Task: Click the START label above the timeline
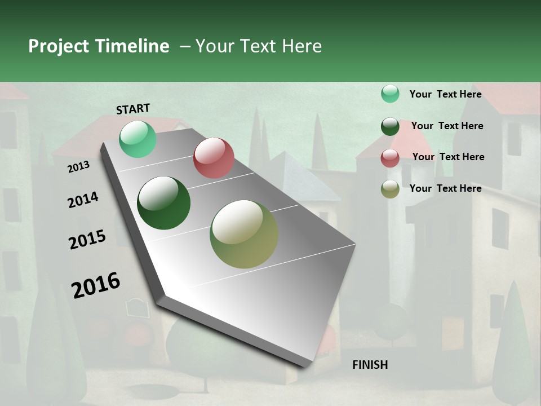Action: click(x=133, y=109)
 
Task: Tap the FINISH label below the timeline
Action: click(x=370, y=365)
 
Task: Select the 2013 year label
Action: click(x=78, y=167)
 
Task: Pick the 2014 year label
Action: click(x=83, y=200)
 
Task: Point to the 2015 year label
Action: click(x=87, y=240)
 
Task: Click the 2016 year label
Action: click(x=96, y=285)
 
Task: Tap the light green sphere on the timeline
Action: click(x=138, y=139)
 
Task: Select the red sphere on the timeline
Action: click(x=214, y=158)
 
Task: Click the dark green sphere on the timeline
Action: click(x=163, y=203)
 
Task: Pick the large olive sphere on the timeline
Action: click(x=244, y=234)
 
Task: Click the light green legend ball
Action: click(x=390, y=94)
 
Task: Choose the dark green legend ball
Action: click(x=390, y=126)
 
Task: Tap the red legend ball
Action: click(x=390, y=158)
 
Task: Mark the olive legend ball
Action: click(x=390, y=189)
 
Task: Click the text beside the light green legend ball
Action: click(x=445, y=94)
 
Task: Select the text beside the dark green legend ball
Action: click(x=447, y=126)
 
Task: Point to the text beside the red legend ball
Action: click(x=448, y=157)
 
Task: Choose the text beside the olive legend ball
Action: click(x=445, y=188)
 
